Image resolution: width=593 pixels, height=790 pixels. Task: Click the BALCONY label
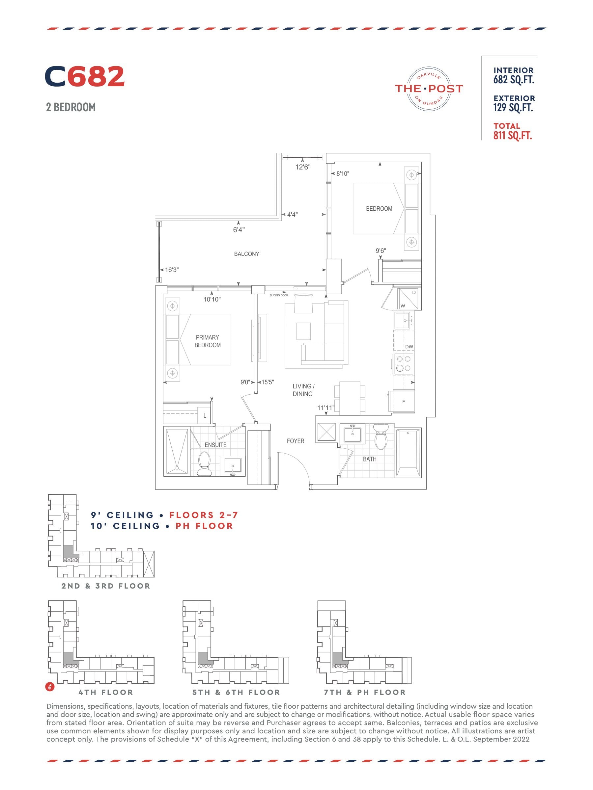tap(246, 254)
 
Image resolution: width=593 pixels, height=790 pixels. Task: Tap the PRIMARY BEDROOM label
tap(207, 341)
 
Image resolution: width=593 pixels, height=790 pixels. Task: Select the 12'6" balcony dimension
tap(303, 167)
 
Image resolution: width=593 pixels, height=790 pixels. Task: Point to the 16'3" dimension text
tap(172, 270)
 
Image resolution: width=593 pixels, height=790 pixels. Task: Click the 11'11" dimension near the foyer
tap(325, 408)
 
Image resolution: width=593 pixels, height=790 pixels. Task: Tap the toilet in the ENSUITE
tap(205, 463)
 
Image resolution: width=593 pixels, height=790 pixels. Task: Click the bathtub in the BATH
tap(409, 453)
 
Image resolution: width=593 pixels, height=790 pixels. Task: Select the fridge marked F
tap(403, 402)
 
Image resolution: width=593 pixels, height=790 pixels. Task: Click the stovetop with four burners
tap(404, 364)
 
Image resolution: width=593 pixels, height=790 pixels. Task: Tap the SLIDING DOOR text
tap(279, 295)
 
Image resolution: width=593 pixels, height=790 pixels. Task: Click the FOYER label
tap(296, 441)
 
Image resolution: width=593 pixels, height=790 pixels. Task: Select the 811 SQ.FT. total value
tap(513, 136)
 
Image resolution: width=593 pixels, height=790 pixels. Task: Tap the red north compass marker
tap(50, 686)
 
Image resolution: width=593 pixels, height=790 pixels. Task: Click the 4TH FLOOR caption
tap(106, 693)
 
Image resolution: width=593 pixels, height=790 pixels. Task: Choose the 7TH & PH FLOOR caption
tap(365, 693)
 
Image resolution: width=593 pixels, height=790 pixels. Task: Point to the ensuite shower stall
tap(177, 451)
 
